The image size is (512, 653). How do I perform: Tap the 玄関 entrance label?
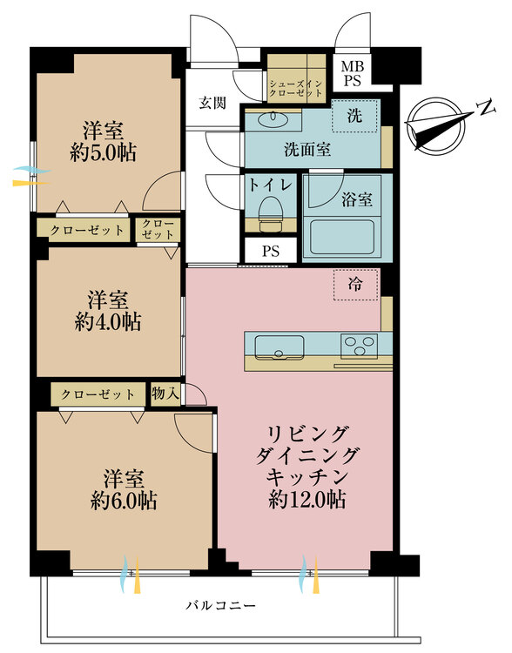tap(212, 103)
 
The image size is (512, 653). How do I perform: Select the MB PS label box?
tap(353, 72)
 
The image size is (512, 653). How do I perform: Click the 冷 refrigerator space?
tap(356, 284)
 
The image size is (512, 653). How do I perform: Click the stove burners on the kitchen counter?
tap(359, 346)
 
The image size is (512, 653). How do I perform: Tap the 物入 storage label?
tap(165, 394)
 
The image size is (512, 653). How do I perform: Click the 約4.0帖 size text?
tap(108, 321)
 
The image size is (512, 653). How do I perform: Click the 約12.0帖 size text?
tap(307, 500)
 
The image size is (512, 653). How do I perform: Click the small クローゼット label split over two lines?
tap(158, 230)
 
